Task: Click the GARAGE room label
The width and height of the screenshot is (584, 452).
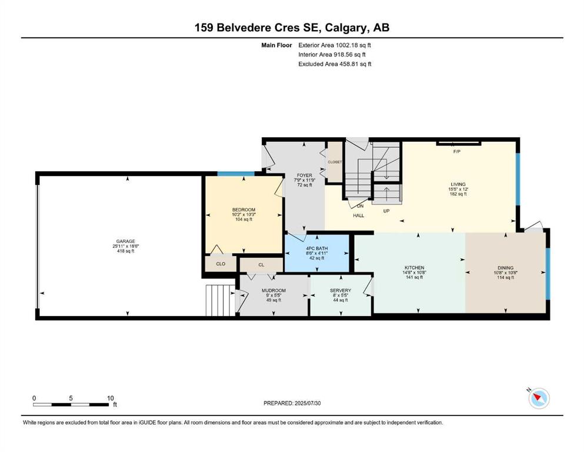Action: [125, 241]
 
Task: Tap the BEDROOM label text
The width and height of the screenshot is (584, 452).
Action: [243, 210]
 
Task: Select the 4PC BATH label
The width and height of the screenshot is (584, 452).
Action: [316, 248]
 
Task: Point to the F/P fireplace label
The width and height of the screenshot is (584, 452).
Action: [456, 152]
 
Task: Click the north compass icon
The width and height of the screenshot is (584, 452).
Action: [539, 398]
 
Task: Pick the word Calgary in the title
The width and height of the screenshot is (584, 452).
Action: [346, 28]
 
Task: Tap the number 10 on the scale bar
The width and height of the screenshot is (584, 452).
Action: [110, 398]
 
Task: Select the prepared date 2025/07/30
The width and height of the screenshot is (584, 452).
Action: [307, 403]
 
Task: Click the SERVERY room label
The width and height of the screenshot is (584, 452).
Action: [341, 291]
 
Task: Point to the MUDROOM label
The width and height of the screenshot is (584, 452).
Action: [273, 291]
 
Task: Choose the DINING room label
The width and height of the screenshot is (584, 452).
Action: [505, 268]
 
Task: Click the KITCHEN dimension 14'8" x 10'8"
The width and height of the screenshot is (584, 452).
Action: [414, 272]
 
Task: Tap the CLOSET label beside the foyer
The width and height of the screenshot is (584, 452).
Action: [335, 162]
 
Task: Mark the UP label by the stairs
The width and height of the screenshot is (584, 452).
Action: [386, 211]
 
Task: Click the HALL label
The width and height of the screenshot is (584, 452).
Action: [358, 215]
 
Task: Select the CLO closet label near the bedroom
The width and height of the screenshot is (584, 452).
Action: [221, 264]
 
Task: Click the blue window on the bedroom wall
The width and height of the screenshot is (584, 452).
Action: [236, 174]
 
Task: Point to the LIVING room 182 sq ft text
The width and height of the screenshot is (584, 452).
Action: [458, 194]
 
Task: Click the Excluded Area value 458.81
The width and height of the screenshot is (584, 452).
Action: [350, 64]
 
